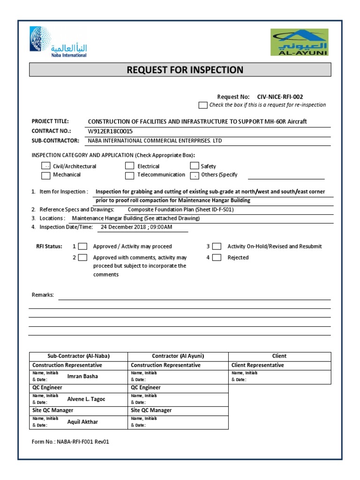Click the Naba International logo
click(x=58, y=43)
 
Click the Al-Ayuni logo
click(x=299, y=42)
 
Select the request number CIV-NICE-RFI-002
click(x=280, y=97)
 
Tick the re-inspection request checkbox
click(x=202, y=105)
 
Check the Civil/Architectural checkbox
click(x=46, y=166)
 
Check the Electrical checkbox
click(x=129, y=166)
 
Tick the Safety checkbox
click(x=194, y=166)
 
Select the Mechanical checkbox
click(x=46, y=175)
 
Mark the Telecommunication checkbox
click(x=129, y=175)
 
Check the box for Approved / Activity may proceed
click(x=82, y=246)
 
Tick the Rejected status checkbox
click(x=217, y=257)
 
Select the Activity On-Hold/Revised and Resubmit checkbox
click(x=217, y=246)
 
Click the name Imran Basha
click(x=83, y=376)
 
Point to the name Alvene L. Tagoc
click(x=86, y=399)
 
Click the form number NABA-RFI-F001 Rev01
click(x=71, y=442)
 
